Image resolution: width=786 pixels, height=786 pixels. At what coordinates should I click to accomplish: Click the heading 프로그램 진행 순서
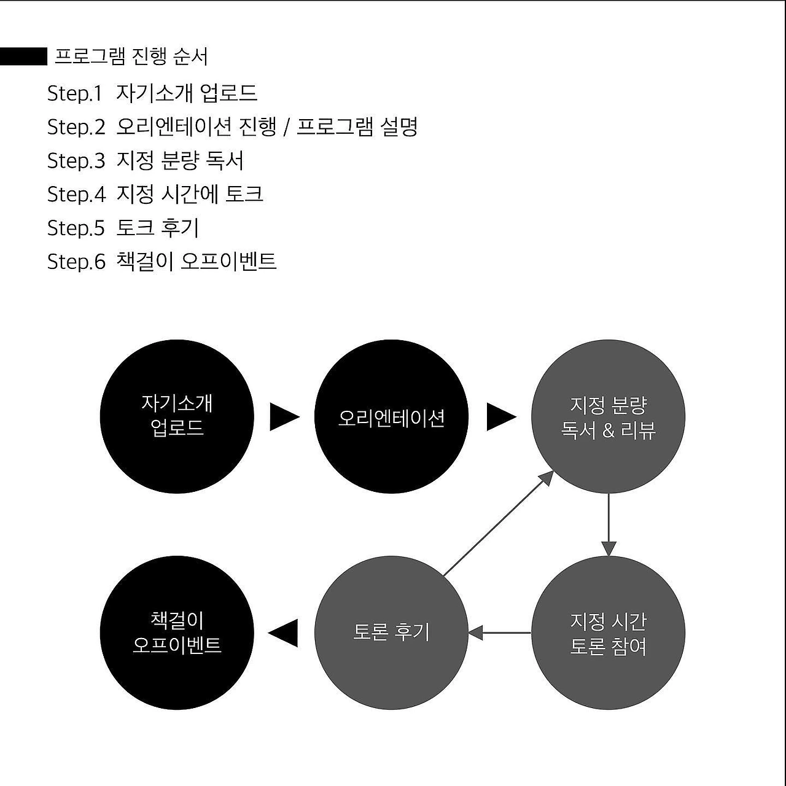131,56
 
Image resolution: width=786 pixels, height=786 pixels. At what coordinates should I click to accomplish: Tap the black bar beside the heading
23,56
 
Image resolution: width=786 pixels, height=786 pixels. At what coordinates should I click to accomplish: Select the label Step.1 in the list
74,93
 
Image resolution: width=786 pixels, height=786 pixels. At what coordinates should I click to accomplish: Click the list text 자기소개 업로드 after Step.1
187,93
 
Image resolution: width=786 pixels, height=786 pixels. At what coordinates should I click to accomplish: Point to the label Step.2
76,127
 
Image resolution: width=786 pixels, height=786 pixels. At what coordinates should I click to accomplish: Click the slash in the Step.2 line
286,128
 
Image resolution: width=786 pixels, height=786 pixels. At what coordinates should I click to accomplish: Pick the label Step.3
76,161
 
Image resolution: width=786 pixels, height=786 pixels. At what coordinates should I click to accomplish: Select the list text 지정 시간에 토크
190,194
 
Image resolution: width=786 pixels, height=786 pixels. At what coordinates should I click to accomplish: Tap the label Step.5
76,228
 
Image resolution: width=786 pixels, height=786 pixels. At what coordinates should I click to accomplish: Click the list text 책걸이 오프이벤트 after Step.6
196,262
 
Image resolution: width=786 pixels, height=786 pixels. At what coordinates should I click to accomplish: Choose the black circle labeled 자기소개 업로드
177,416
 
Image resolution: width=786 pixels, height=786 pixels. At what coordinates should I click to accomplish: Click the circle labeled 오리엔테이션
391,416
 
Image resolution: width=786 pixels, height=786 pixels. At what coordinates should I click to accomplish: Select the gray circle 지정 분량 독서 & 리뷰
608,416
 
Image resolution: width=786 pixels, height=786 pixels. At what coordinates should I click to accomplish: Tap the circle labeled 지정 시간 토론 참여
608,632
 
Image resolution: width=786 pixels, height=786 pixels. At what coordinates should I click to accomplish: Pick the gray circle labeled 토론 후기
391,632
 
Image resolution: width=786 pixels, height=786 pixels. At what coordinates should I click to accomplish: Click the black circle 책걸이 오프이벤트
177,632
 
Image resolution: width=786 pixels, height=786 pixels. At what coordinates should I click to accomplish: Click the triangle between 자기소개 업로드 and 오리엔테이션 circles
284,417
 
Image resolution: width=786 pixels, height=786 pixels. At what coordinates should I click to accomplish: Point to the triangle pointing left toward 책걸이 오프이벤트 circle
284,632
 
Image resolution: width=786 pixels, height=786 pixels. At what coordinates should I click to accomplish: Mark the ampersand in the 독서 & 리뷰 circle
608,430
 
